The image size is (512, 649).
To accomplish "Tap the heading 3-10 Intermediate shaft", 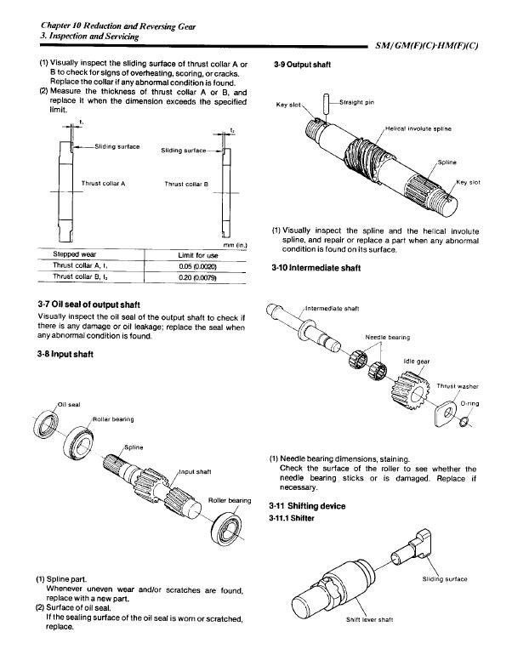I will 326,269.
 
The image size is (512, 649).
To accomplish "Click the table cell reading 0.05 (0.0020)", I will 196,265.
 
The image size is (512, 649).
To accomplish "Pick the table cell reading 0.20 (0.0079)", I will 196,276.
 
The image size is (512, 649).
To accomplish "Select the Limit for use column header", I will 196,254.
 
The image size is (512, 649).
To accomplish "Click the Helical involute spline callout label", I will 418,128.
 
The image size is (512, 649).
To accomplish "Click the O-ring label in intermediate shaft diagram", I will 471,403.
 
